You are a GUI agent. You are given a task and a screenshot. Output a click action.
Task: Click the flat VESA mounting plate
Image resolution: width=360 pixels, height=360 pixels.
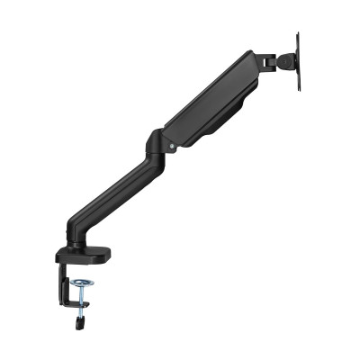click(x=298, y=61)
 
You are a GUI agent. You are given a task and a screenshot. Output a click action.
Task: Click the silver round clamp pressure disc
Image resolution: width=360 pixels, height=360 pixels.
click(x=84, y=286)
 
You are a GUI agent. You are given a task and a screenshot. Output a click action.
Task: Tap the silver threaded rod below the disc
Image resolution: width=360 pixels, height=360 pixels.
click(x=84, y=301)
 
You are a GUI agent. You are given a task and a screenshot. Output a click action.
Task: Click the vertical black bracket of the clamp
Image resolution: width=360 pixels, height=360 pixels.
click(x=60, y=279)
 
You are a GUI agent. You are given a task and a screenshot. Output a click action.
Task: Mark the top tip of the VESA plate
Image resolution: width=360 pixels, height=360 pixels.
click(x=298, y=34)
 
